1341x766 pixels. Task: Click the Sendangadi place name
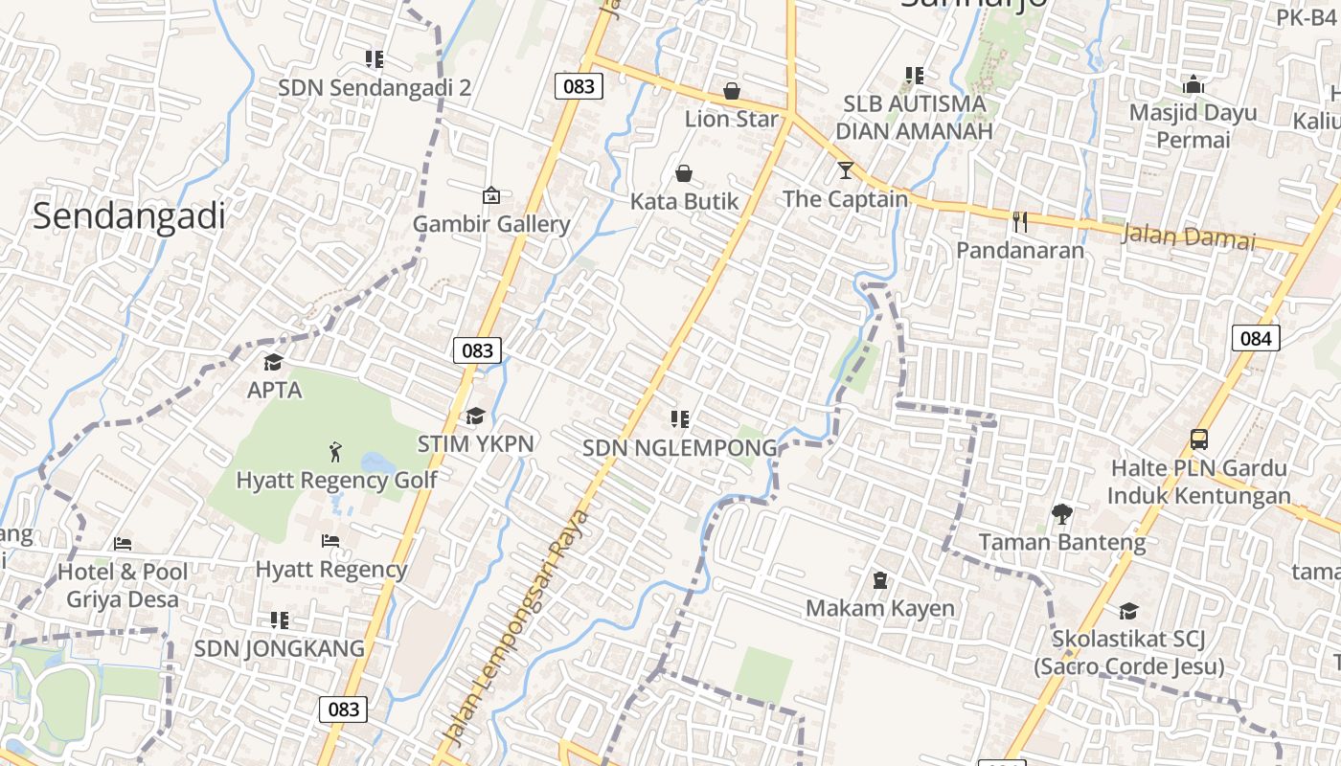point(129,216)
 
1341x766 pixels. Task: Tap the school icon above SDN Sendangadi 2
point(375,59)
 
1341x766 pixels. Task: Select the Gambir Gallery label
point(491,224)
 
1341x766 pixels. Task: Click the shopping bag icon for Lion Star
point(732,91)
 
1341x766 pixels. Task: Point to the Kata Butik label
point(685,201)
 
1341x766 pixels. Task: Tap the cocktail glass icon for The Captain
point(845,170)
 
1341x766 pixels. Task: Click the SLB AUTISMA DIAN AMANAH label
point(914,117)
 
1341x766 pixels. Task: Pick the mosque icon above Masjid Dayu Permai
point(1193,85)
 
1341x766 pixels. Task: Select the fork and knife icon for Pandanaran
point(1020,222)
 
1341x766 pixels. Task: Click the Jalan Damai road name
point(1188,236)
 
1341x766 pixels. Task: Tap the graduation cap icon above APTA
point(274,362)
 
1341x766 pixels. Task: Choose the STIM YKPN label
point(475,444)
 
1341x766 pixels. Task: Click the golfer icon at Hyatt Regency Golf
point(335,451)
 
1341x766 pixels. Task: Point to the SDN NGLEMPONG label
point(680,448)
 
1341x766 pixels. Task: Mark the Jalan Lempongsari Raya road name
point(518,627)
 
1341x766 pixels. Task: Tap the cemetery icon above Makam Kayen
point(879,580)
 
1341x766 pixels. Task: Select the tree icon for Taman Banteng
point(1061,514)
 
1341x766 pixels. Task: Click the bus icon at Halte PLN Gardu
point(1198,439)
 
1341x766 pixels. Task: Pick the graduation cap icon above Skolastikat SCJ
point(1128,611)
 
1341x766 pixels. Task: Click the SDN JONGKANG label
point(280,648)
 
